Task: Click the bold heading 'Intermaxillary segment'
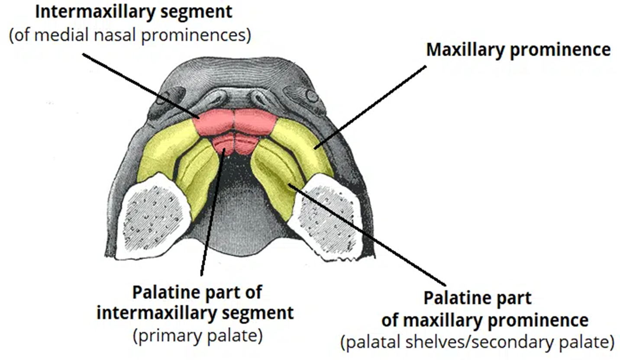133,12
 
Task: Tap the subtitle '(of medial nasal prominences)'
130,35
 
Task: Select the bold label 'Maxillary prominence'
518,50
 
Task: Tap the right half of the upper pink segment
253,121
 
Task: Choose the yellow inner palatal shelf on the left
197,173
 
